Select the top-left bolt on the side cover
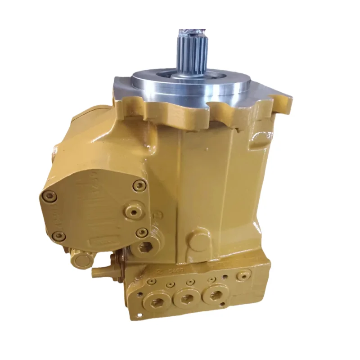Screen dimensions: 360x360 (x=47, y=195)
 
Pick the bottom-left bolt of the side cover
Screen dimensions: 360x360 (x=57, y=235)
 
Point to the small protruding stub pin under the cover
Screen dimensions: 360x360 (x=97, y=271)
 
